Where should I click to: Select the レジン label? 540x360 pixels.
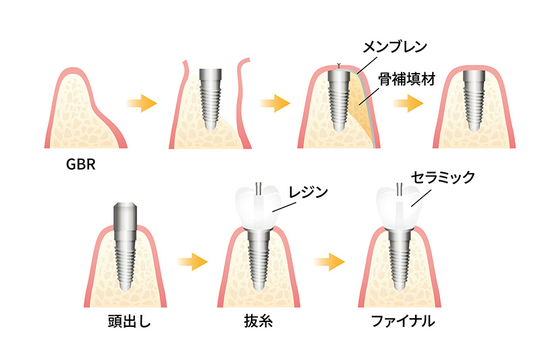[x=307, y=192]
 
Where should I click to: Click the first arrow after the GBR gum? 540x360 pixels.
[x=142, y=103]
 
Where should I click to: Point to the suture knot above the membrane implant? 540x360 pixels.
[x=339, y=66]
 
